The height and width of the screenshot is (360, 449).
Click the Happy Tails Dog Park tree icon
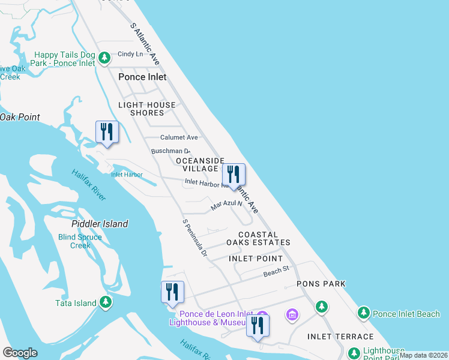[104, 58]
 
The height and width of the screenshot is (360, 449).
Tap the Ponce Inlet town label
[142, 77]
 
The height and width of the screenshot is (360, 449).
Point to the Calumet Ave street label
[179, 137]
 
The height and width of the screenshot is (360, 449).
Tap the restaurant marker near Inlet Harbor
[107, 132]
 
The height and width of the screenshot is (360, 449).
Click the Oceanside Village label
[200, 164]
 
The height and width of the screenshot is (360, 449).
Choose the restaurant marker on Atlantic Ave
[234, 175]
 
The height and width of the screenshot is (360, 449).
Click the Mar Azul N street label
[226, 205]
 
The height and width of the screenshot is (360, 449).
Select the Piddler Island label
[100, 224]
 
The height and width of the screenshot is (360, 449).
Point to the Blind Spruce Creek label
[80, 241]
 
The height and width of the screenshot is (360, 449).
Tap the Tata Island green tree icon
[106, 302]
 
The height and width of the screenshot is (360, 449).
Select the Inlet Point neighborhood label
[256, 259]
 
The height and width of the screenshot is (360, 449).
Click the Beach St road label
[277, 272]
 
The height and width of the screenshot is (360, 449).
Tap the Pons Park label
[321, 284]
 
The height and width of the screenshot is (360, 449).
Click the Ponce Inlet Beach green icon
[363, 313]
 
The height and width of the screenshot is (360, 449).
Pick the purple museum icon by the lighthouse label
[292, 314]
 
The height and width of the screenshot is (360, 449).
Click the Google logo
[20, 352]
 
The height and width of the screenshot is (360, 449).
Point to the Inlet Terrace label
[340, 337]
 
